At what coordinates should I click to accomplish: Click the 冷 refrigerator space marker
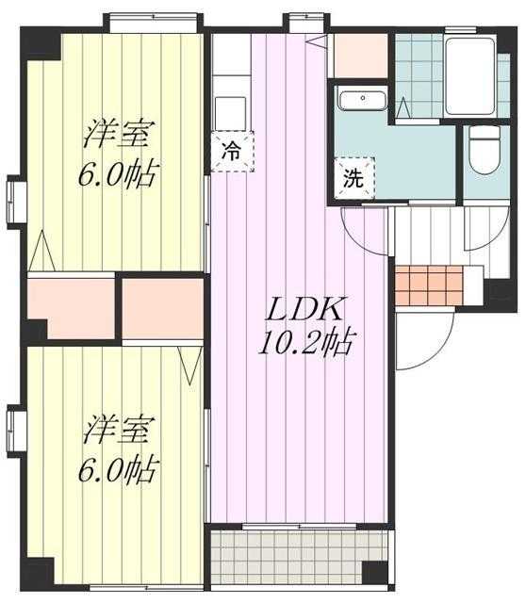point(229,150)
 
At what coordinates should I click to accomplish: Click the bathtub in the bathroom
point(476,74)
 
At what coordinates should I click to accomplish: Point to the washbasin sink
point(358,101)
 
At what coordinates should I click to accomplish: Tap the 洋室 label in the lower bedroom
point(117,430)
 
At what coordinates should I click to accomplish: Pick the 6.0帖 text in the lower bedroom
point(117,466)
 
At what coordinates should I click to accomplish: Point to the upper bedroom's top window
point(155,22)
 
